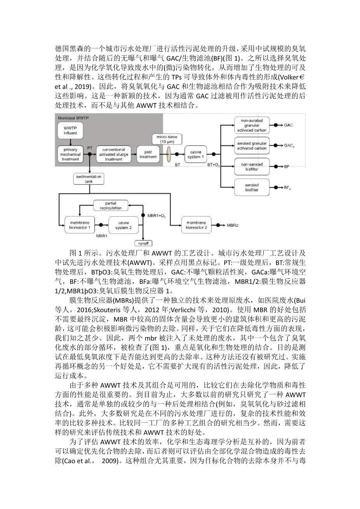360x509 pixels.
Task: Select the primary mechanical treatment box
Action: [x=70, y=154]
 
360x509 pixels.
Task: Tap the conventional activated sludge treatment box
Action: [x=114, y=154]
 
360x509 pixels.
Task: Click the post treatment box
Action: [x=148, y=154]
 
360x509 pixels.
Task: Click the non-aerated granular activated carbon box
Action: [x=252, y=125]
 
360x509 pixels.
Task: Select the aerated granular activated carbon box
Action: [x=252, y=146]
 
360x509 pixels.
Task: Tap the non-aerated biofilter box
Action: [x=252, y=166]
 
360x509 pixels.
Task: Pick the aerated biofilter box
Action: [x=252, y=187]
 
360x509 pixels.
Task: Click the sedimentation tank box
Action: [x=89, y=179]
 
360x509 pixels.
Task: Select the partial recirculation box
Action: [x=110, y=206]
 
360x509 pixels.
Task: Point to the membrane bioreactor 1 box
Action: [x=79, y=225]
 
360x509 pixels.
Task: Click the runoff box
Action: [x=143, y=243]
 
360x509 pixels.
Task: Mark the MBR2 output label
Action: [x=232, y=225]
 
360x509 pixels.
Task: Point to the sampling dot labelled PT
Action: [x=90, y=154]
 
